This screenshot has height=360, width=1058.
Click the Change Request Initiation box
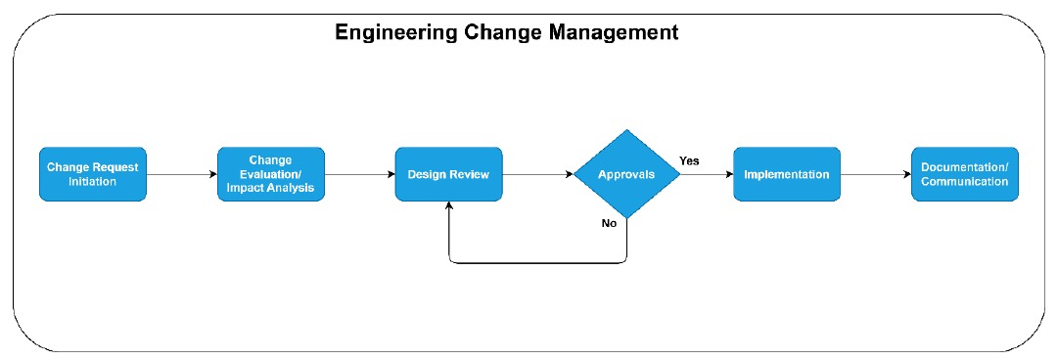(93, 174)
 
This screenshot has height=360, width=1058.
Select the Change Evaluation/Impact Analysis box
(270, 174)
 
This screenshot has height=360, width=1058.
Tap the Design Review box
(448, 174)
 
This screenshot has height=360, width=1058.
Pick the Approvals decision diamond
(626, 174)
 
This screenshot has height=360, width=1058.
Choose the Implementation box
(786, 174)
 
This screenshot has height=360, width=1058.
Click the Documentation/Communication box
(964, 174)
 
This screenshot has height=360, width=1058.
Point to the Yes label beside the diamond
(689, 160)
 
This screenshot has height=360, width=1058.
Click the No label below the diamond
(609, 224)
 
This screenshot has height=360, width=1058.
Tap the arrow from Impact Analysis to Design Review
(359, 174)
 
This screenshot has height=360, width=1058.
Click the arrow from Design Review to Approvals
(537, 174)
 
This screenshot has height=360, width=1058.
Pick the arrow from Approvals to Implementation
(707, 174)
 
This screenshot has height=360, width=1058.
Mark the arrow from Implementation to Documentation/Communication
(875, 174)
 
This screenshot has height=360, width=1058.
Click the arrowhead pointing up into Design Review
(448, 207)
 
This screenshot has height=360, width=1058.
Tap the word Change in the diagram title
(496, 32)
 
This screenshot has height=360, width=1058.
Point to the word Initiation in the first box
(93, 181)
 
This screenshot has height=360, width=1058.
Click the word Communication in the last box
(964, 181)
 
